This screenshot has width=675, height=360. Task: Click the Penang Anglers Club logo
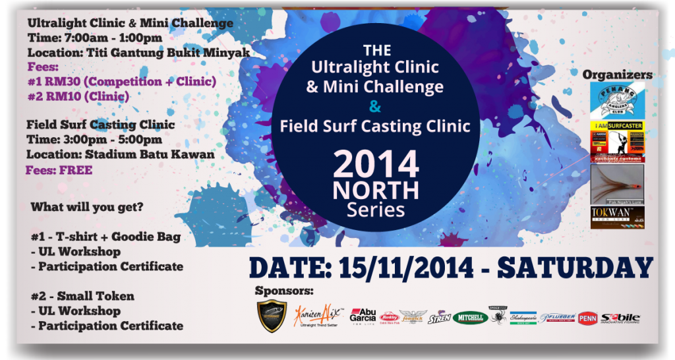pos(616,101)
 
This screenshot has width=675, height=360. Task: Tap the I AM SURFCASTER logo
pos(616,141)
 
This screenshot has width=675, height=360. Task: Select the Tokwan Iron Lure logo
pos(616,218)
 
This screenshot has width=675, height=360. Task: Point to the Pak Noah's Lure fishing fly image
pos(616,184)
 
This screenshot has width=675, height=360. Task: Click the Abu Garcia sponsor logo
pos(363,316)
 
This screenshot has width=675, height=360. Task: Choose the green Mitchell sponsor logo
pos(470,318)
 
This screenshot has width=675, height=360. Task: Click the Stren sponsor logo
pos(439,318)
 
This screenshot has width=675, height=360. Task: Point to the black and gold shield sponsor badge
pos(272,316)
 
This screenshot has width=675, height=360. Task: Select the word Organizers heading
pos(618,75)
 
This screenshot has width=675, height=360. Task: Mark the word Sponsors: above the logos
pos(284,290)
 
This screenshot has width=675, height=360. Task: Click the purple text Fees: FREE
pos(59,170)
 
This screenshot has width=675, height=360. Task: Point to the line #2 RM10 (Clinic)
pos(79,96)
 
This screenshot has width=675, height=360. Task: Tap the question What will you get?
pos(87,206)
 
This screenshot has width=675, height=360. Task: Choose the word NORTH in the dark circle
pos(376,191)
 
